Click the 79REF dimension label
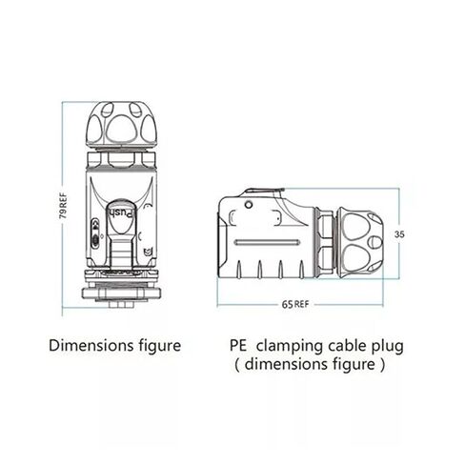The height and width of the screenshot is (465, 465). (64, 205)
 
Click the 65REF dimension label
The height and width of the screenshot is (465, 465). (295, 304)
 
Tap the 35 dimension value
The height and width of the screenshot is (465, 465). (399, 234)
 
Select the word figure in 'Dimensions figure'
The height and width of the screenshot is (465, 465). (160, 346)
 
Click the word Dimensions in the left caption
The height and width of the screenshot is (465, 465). (91, 345)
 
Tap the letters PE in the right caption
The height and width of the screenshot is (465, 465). (238, 345)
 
